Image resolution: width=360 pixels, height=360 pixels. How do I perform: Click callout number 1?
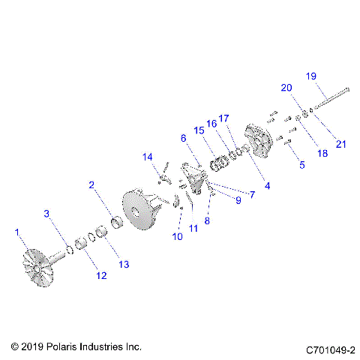point(16,233)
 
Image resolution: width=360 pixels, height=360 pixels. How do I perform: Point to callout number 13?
point(124,264)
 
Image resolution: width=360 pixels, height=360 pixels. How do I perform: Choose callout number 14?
point(148,156)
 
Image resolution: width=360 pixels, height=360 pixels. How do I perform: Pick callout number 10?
point(177,236)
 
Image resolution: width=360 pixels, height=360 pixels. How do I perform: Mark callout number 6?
point(182,138)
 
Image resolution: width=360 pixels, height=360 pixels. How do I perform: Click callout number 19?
point(311,76)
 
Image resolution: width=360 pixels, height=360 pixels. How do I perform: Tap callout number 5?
point(301,164)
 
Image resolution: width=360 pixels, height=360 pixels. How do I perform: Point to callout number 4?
point(268,184)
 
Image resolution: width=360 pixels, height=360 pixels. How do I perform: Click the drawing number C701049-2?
point(330,349)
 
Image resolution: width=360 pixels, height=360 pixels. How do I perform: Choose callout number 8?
point(207,221)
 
